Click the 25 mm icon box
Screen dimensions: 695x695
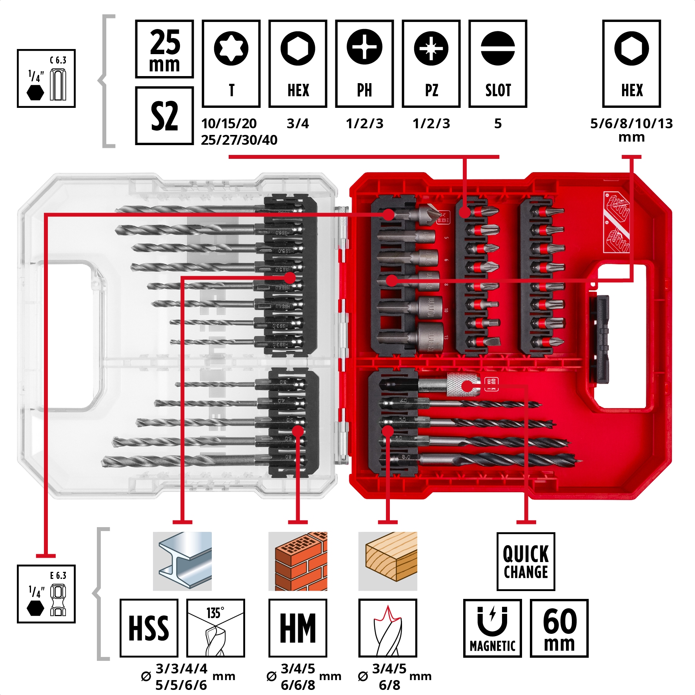point(164,49)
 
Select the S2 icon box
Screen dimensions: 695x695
point(164,116)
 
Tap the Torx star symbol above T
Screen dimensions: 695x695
point(231,48)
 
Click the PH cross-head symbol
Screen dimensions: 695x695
point(364,47)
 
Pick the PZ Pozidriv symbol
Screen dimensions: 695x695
point(431,48)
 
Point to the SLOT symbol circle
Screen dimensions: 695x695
point(498,48)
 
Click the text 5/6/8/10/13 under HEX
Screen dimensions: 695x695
point(631,124)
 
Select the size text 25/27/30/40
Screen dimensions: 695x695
point(239,140)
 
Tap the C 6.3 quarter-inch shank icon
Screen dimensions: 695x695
point(46,78)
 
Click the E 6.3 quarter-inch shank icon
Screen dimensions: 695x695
point(46,594)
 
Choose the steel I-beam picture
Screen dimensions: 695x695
point(182,561)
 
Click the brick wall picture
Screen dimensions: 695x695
point(298,561)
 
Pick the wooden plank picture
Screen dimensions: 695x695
point(388,561)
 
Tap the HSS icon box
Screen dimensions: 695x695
point(149,628)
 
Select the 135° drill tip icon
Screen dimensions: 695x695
point(215,628)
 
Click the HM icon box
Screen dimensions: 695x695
point(298,628)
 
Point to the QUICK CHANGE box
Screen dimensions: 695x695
point(526,561)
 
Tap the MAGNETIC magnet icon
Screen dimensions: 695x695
point(492,628)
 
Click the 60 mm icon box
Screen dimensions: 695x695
point(559,628)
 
